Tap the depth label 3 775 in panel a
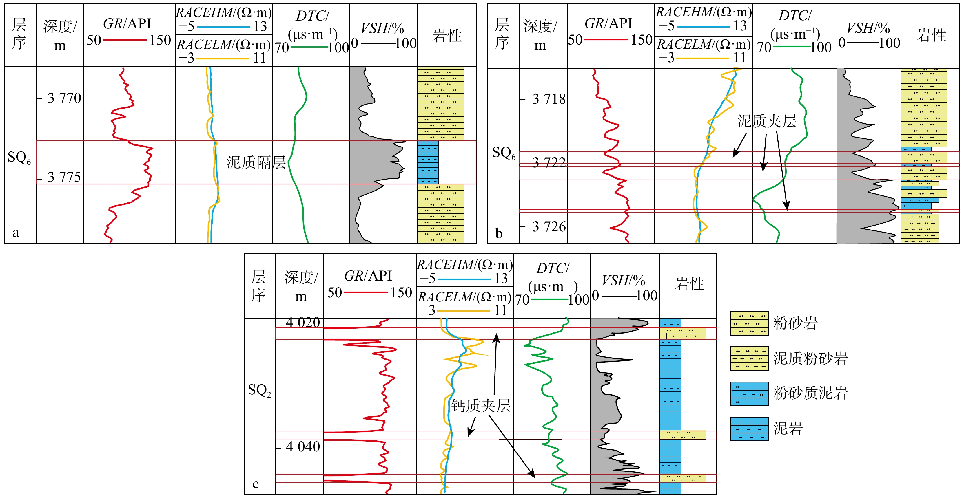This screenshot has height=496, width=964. (64, 177)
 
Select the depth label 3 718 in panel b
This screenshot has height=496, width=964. (548, 99)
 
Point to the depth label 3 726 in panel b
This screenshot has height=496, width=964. (548, 227)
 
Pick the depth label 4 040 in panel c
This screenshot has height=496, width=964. (303, 446)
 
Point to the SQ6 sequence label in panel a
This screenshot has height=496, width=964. (19, 157)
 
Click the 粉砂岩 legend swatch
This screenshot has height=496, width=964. (750, 323)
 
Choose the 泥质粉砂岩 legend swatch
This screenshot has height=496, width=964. (750, 358)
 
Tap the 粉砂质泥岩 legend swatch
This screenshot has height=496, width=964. (750, 393)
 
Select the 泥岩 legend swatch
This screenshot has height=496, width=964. (750, 429)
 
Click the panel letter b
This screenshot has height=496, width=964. (498, 233)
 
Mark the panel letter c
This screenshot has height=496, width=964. (256, 484)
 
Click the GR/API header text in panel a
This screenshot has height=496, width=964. (127, 23)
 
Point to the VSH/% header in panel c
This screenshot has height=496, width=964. (623, 281)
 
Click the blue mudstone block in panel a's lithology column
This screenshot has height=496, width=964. (428, 162)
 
